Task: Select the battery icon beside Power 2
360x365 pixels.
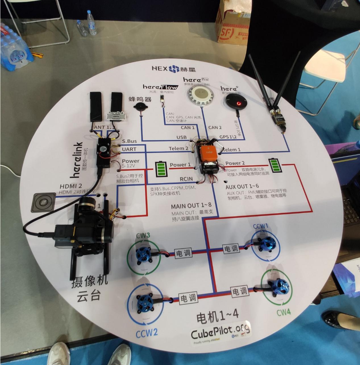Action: click(274, 165)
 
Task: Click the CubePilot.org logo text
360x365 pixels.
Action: click(220, 331)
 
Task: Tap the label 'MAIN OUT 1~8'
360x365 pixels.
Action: click(191, 205)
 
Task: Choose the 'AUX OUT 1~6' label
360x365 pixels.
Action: click(242, 187)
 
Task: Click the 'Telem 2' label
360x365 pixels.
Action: click(178, 148)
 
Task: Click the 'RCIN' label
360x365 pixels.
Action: click(186, 179)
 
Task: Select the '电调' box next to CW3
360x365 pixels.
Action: click(183, 253)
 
